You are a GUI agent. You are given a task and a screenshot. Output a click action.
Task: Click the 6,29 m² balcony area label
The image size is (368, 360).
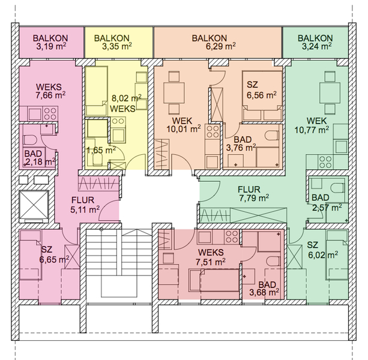pyautogui.click(x=221, y=46)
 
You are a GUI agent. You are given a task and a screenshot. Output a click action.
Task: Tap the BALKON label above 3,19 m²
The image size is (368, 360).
pyautogui.click(x=50, y=38)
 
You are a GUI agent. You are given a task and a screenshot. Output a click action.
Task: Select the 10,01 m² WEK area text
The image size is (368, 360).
pyautogui.click(x=183, y=129)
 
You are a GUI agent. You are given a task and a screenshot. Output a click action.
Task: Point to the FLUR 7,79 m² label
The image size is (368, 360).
pyautogui.click(x=254, y=193)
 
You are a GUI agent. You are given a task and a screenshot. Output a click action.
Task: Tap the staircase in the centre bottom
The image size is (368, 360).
pyautogui.click(x=119, y=263)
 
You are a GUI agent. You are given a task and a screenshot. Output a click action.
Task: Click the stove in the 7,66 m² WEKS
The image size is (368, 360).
pyautogui.click(x=50, y=114)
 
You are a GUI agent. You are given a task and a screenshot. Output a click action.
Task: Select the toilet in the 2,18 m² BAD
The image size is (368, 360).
pyautogui.click(x=30, y=140)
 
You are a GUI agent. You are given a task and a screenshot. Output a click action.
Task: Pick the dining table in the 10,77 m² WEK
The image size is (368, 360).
pyautogui.click(x=330, y=93)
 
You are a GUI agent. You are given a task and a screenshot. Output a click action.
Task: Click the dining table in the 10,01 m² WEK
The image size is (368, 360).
pyautogui.click(x=174, y=92)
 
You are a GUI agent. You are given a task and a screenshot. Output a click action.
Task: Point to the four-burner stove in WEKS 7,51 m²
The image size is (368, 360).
pyautogui.click(x=231, y=236)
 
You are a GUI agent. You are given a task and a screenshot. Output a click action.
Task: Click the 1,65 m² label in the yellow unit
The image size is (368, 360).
pyautogui.click(x=101, y=150)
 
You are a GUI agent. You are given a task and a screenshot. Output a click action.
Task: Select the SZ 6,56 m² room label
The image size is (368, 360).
pyautogui.click(x=261, y=90)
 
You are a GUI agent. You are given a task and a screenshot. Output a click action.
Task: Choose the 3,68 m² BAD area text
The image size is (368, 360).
pyautogui.click(x=264, y=293)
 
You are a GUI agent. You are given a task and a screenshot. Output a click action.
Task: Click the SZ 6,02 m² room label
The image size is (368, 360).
pyautogui.click(x=322, y=250)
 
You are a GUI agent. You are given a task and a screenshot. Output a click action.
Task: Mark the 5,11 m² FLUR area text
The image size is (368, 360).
pyautogui.click(x=85, y=209)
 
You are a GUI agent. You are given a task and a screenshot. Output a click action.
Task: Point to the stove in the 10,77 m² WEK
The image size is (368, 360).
pyautogui.click(x=325, y=162)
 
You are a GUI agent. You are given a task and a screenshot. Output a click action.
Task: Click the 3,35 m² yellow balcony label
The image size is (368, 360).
pyautogui.click(x=116, y=46)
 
